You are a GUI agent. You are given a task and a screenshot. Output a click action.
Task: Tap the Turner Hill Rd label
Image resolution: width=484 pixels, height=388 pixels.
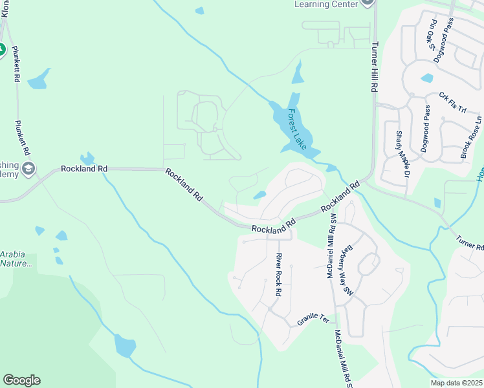click(x=374, y=67)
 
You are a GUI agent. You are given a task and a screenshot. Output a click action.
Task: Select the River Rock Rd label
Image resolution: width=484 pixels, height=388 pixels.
click(x=278, y=275)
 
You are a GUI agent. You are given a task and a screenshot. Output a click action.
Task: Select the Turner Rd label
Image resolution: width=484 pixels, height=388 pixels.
click(x=470, y=242)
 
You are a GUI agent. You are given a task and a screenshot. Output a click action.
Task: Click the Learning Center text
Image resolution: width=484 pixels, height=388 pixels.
click(x=325, y=4)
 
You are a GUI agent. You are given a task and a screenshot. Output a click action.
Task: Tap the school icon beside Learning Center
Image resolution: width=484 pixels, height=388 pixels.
click(x=368, y=3)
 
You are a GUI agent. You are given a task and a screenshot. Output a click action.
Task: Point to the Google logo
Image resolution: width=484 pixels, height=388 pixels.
click(x=21, y=380)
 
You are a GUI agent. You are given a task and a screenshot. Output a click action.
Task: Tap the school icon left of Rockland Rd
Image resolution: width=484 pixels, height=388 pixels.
click(x=28, y=169)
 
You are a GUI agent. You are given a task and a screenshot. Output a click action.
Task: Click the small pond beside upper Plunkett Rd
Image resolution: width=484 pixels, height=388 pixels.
click(x=39, y=79)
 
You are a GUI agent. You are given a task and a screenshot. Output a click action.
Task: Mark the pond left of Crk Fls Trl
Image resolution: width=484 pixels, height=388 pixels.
click(x=426, y=78)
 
